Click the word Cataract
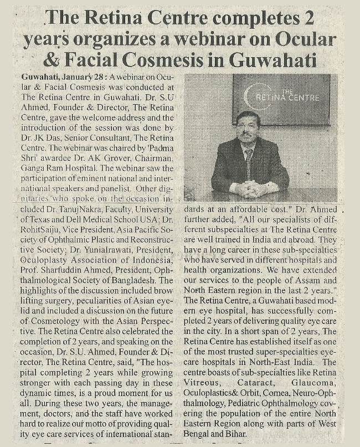[261, 383]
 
